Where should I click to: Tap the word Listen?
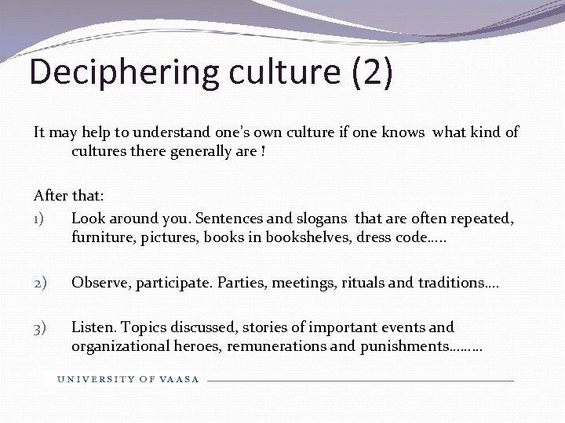(92, 327)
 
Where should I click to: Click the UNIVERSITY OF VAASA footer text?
(128, 379)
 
